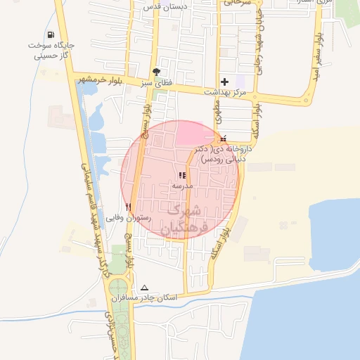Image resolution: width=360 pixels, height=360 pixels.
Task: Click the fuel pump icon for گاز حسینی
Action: (51, 35)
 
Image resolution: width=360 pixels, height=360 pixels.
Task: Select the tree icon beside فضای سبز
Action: (155, 72)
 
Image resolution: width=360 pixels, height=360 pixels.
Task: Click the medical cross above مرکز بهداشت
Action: (224, 81)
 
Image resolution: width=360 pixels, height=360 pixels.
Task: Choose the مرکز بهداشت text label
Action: (224, 92)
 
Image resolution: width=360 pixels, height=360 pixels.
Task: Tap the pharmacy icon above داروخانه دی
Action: (224, 138)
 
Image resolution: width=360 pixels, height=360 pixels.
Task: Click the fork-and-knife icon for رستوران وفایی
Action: (128, 207)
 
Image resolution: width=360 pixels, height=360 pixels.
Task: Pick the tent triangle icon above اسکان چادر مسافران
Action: (145, 288)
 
